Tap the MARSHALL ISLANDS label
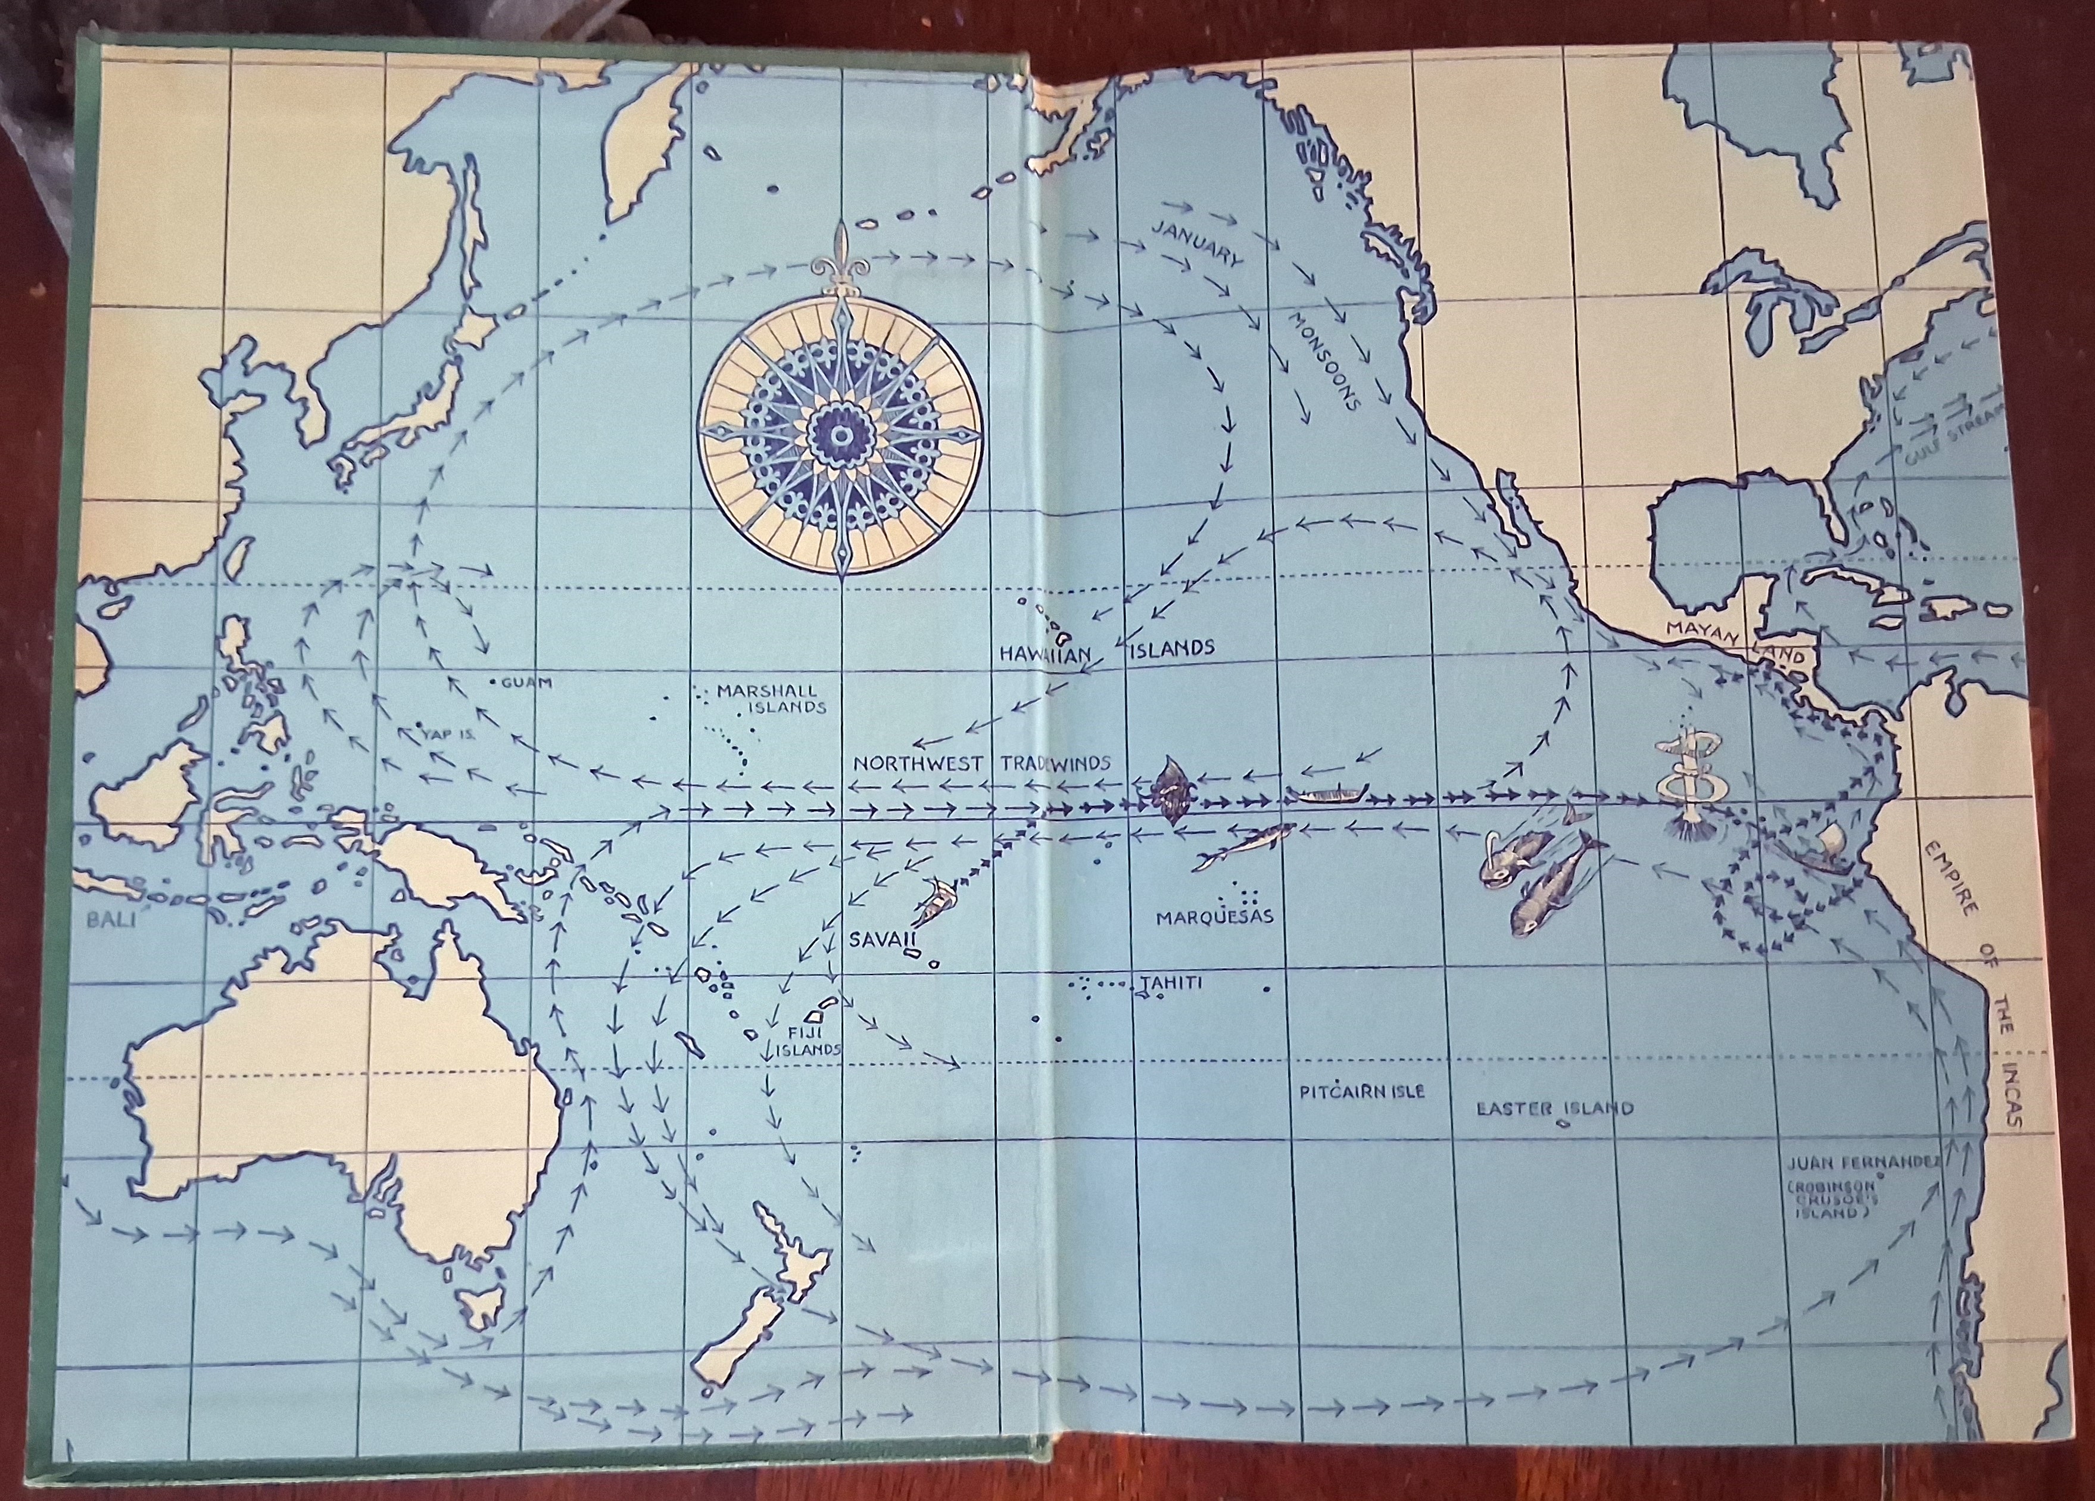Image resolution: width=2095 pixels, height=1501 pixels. (771, 699)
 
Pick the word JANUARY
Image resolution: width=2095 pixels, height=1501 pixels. (1198, 244)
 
